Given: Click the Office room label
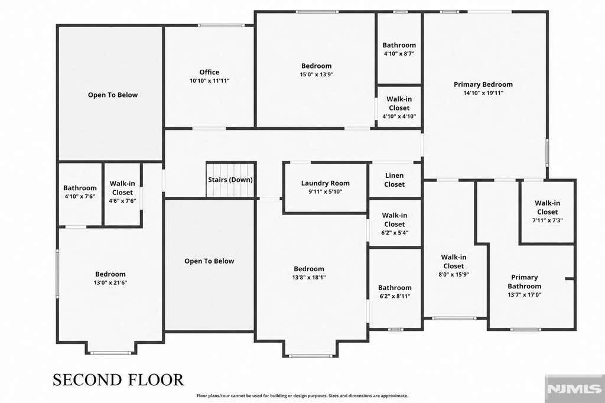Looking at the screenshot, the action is click(209, 72).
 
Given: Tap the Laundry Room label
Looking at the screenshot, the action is click(326, 183).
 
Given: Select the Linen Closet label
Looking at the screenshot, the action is click(394, 180).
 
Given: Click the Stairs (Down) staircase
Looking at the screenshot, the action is click(230, 180).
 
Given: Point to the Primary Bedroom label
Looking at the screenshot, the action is click(483, 84).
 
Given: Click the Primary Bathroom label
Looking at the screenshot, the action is click(525, 282).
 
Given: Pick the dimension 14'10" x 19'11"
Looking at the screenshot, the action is click(483, 93).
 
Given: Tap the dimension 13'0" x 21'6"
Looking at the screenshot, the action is click(110, 282).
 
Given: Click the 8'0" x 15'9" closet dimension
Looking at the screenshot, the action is click(454, 274).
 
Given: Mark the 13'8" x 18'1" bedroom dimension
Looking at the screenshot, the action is click(309, 277).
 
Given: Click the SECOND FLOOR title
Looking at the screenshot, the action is click(118, 380).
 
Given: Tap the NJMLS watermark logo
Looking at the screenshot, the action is click(574, 389).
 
